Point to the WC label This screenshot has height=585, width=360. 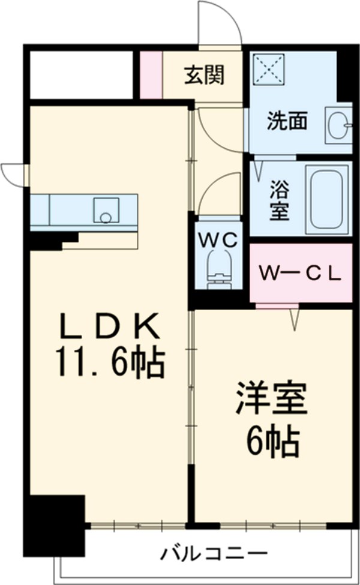pos(218,239)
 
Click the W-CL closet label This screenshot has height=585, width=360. pos(300,274)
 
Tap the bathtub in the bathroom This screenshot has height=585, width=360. pos(326,199)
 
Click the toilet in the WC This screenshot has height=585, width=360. pos(218,267)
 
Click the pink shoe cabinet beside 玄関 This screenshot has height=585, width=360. pos(151,75)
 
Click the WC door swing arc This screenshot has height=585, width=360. pos(213,192)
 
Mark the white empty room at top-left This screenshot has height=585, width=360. pos(80,75)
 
